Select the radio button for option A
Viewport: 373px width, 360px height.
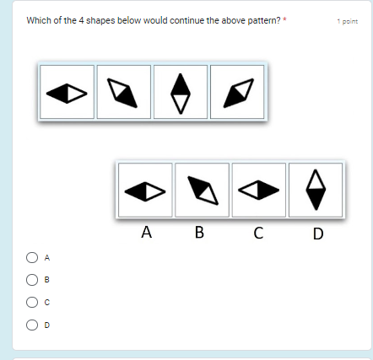31,256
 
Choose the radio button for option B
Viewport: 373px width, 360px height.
31,279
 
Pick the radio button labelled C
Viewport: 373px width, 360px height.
31,301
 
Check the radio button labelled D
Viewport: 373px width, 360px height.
31,324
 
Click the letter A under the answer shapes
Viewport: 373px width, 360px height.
147,234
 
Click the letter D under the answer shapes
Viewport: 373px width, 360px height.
317,234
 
